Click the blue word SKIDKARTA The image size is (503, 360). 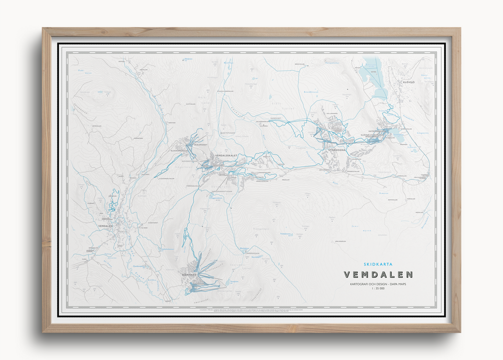378,264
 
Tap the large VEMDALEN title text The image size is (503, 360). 378,275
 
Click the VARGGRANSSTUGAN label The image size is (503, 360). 222,192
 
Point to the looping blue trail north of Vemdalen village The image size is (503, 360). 113,201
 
